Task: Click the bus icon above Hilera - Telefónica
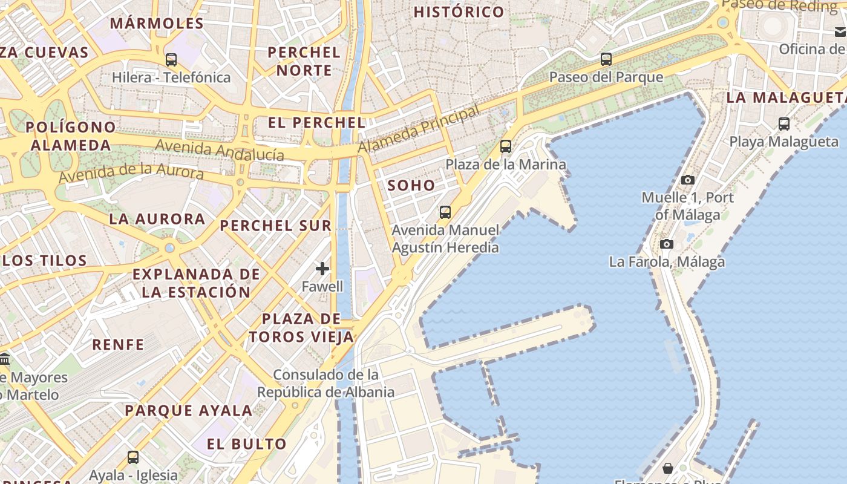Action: point(171,59)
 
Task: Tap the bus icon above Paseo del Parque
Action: point(606,59)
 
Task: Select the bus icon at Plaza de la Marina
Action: point(506,146)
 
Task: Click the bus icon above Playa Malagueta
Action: point(784,124)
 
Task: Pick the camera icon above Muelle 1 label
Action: point(687,180)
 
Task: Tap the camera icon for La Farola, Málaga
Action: point(666,244)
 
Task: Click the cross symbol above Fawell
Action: point(322,269)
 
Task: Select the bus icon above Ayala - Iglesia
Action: point(133,457)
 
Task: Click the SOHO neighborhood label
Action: point(411,186)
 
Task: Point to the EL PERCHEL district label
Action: point(316,123)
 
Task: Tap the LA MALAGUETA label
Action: point(785,97)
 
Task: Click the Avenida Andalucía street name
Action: point(220,150)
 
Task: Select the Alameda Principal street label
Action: point(418,129)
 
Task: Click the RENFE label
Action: point(118,345)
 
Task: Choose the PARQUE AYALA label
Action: point(188,410)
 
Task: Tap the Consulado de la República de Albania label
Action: point(325,384)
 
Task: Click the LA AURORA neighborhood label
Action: point(157,219)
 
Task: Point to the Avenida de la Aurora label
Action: point(131,172)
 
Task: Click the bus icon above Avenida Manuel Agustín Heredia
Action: point(445,212)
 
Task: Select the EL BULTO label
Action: point(247,444)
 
